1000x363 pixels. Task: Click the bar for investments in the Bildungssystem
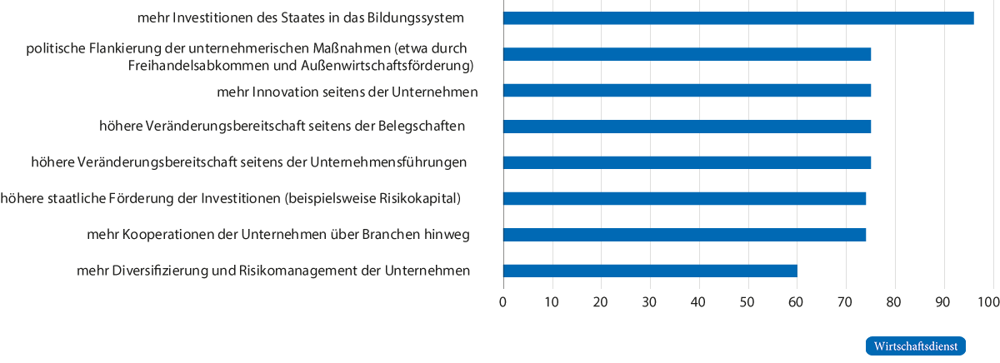738,18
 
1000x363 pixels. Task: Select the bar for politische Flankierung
687,54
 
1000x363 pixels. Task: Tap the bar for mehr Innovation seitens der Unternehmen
687,91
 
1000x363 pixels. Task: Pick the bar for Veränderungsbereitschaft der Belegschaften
687,127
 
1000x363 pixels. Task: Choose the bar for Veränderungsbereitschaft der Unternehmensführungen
687,162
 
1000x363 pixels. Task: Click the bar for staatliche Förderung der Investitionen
685,198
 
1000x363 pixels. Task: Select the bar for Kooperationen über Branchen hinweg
685,235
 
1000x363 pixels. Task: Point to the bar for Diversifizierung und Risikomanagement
651,271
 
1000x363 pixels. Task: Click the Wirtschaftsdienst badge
915,346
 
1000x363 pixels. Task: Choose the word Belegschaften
420,127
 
